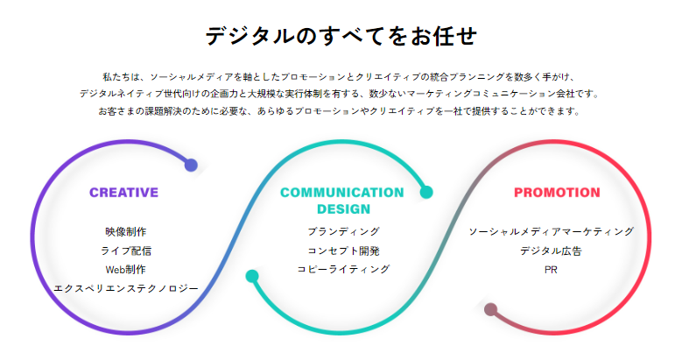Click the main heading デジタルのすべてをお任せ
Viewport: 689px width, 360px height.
coord(341,36)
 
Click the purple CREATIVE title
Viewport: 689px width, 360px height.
coord(124,193)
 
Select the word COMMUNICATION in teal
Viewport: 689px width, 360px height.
coord(341,193)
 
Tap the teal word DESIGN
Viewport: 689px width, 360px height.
coord(343,209)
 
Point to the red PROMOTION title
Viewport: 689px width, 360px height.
coord(557,193)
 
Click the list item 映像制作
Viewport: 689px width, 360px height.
coord(126,231)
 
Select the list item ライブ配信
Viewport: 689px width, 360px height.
coord(126,251)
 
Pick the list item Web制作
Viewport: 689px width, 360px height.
coord(126,270)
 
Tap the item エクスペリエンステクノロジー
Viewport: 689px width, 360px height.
coord(126,288)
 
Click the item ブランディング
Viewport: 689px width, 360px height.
coord(343,231)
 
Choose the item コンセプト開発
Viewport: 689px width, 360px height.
coord(343,251)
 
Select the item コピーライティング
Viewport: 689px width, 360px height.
coord(343,269)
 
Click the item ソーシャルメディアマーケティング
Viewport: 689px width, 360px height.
coord(551,231)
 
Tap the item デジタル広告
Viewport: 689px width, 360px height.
coord(551,251)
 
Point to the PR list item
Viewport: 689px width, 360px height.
coord(551,270)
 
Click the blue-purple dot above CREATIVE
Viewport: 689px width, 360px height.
coord(191,166)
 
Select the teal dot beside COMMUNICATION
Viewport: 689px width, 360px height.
coord(426,193)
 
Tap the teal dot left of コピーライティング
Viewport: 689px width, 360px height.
coord(252,276)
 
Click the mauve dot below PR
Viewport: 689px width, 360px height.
coord(490,309)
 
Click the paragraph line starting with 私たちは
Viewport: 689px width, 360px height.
coord(339,77)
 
